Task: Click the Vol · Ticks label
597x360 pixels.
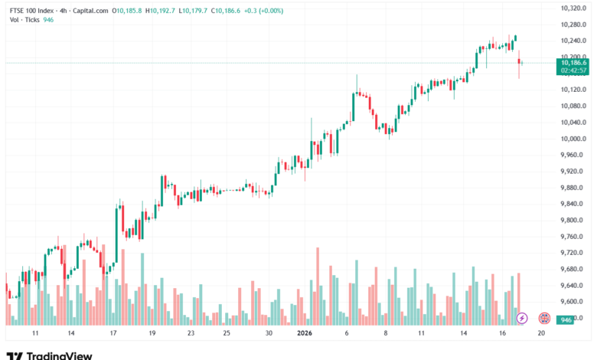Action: pyautogui.click(x=22, y=21)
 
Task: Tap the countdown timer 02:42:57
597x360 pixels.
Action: pyautogui.click(x=573, y=70)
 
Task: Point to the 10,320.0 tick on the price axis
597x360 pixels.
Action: pyautogui.click(x=574, y=8)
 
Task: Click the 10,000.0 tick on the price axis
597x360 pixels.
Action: pyautogui.click(x=574, y=139)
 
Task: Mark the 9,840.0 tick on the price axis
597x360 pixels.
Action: pyautogui.click(x=574, y=204)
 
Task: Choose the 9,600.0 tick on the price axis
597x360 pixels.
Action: pyautogui.click(x=574, y=302)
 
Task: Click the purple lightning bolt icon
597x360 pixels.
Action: pyautogui.click(x=522, y=318)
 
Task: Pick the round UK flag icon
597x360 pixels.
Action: pyautogui.click(x=544, y=318)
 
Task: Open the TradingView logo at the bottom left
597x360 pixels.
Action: pyautogui.click(x=49, y=355)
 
